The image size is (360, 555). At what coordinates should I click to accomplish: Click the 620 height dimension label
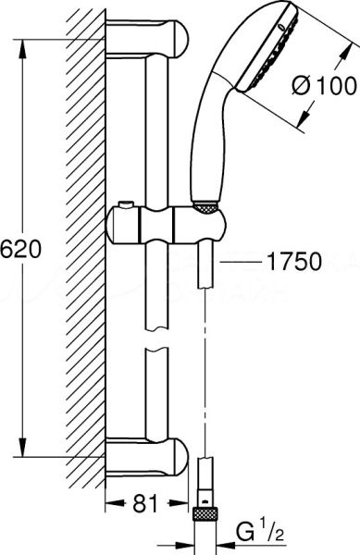18,248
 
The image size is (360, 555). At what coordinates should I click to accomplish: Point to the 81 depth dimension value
142,503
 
